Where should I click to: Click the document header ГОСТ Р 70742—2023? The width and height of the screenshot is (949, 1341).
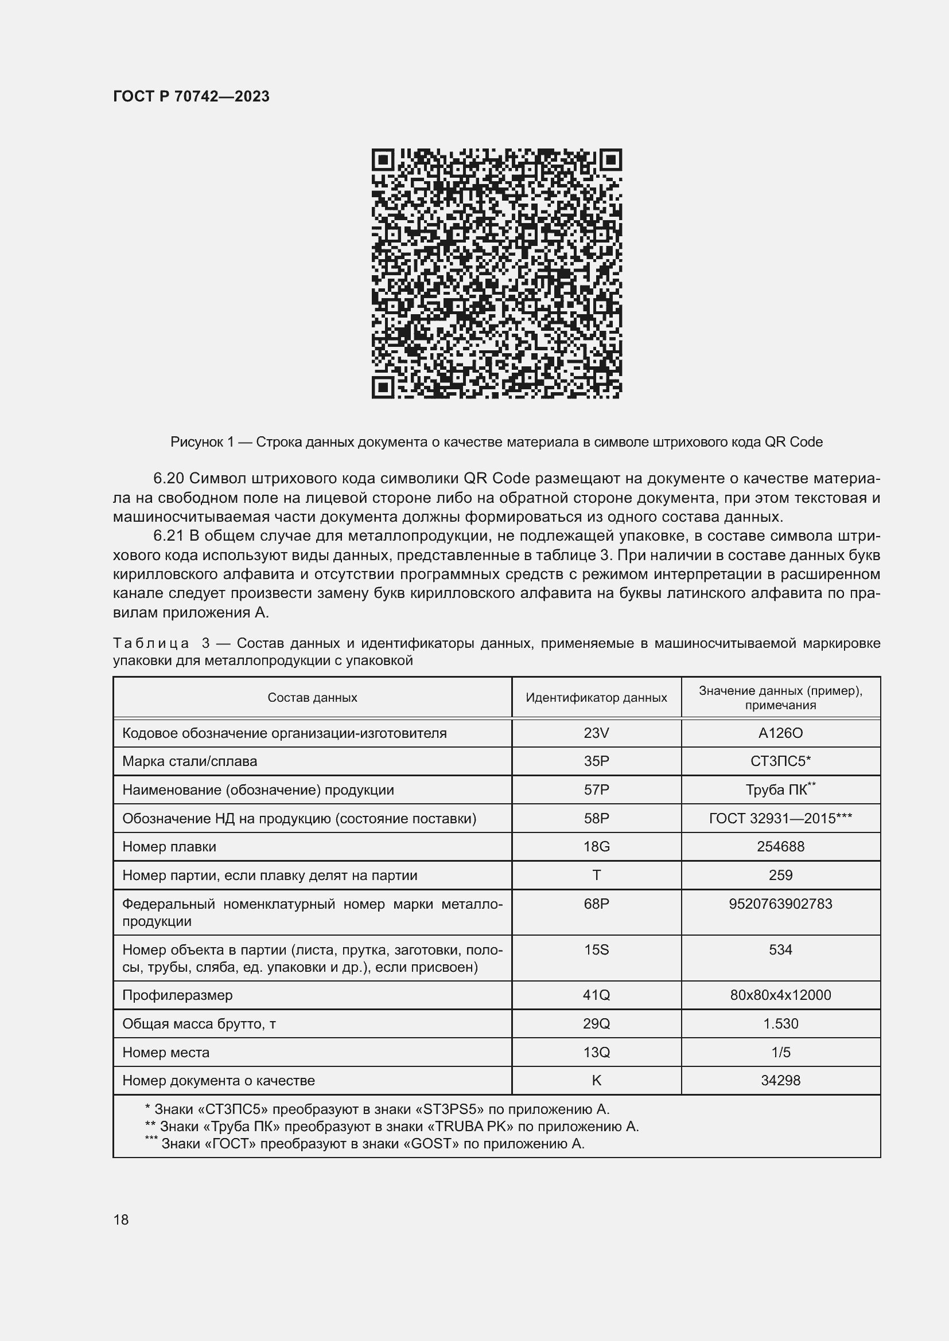point(191,96)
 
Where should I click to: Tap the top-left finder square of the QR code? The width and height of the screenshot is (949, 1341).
point(383,160)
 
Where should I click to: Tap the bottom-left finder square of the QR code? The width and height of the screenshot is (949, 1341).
point(383,386)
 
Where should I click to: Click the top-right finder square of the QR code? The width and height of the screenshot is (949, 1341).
point(610,160)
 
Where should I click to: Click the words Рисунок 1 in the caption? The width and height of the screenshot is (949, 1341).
point(202,442)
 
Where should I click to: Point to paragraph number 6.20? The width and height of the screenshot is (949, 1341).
point(168,478)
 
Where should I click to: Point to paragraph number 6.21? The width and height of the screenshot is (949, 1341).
point(168,535)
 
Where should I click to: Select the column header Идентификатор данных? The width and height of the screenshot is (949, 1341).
point(596,697)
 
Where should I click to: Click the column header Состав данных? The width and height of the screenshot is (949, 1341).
point(312,697)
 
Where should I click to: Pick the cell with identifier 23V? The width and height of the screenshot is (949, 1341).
point(596,733)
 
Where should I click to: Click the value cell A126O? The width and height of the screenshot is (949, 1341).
point(780,733)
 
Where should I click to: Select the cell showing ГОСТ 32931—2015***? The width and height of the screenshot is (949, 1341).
point(780,818)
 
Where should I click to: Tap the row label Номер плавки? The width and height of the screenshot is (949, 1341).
point(169,847)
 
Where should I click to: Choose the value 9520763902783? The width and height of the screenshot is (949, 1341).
point(780,904)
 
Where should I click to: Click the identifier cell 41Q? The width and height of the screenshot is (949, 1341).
point(596,995)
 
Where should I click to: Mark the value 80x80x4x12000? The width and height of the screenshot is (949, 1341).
point(780,995)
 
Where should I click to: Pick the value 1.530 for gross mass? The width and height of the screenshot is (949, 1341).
point(780,1024)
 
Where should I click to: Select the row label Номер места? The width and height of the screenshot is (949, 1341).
point(165,1053)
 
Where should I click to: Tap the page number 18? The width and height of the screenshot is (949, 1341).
point(121,1220)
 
